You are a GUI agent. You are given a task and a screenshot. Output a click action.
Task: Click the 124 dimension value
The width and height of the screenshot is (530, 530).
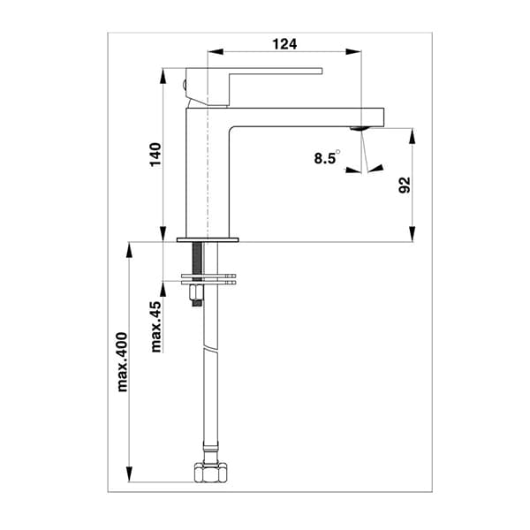tap(284, 43)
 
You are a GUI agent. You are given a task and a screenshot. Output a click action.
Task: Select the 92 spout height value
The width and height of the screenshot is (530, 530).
tap(405, 185)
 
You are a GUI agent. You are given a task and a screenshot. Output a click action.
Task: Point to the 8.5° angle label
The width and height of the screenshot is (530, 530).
tap(325, 159)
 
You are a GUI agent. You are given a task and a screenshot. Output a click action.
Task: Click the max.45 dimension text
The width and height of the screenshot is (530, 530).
tap(155, 327)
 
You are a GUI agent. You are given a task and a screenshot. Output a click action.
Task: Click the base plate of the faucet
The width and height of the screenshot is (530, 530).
tap(208, 240)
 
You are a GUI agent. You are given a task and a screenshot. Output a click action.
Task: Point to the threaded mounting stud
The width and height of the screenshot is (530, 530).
tap(196, 261)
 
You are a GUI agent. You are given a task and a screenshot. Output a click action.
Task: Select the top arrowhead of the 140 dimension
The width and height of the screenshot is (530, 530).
tap(164, 76)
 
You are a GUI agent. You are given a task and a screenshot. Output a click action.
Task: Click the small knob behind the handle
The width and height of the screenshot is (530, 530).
tap(182, 85)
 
